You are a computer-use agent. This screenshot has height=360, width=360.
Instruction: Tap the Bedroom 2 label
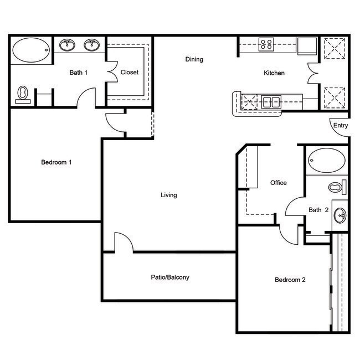(x=290, y=280)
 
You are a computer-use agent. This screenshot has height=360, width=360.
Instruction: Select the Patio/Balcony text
(x=170, y=277)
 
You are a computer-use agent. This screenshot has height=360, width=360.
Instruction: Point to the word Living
(x=168, y=195)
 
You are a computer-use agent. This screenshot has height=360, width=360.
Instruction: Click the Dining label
(x=194, y=59)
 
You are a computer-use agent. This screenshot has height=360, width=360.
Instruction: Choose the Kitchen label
(x=274, y=73)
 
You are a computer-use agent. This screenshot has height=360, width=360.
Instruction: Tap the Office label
(x=278, y=183)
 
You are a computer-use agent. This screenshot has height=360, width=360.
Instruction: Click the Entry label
(x=341, y=126)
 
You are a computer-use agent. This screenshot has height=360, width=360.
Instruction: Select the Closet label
(x=129, y=73)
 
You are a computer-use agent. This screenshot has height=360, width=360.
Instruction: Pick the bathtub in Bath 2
(x=326, y=160)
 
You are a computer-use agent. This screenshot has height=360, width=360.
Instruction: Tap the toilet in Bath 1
(x=23, y=94)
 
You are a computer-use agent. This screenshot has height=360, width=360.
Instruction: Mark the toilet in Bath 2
(x=337, y=187)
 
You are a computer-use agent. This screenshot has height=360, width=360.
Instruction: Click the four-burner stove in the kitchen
(x=266, y=44)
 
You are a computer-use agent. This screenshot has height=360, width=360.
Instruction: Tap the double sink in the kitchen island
(x=271, y=101)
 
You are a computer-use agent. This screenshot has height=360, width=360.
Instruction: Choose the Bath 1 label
(x=78, y=73)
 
